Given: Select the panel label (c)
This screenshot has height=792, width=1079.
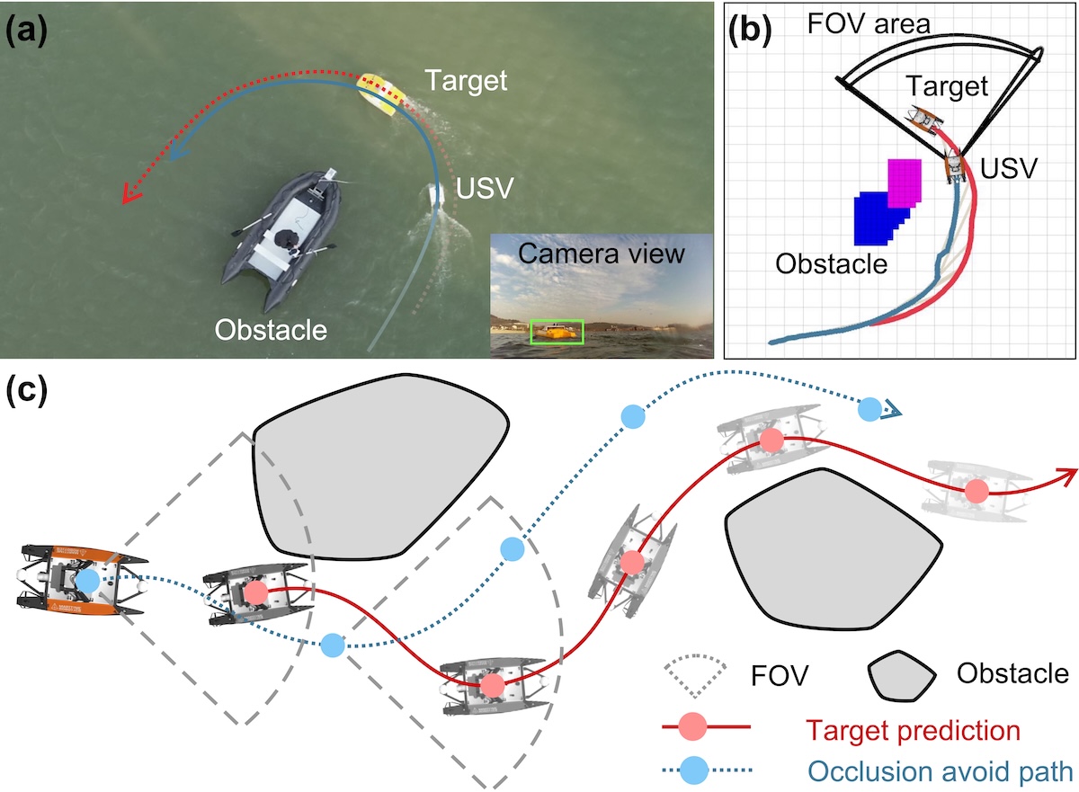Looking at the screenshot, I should pyautogui.click(x=27, y=393).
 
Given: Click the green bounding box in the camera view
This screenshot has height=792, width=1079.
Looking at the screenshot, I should pyautogui.click(x=557, y=331).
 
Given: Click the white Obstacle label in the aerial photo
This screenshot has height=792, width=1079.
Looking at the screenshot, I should pyautogui.click(x=271, y=330).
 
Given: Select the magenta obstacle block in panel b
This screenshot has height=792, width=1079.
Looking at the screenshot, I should pyautogui.click(x=905, y=182).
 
